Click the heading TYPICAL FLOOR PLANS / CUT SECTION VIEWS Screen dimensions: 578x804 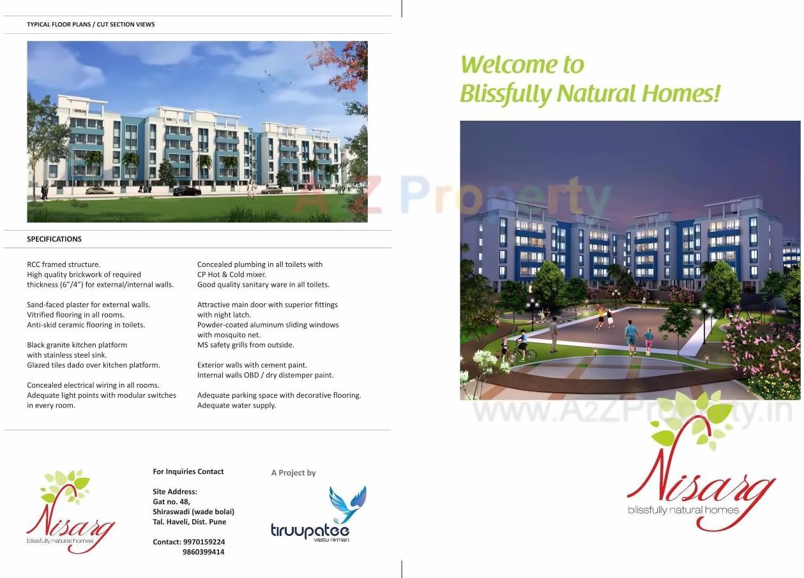91,24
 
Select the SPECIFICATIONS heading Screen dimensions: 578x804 54,239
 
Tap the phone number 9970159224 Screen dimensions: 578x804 204,542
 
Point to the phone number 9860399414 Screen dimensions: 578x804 204,552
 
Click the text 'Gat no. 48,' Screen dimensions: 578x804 171,501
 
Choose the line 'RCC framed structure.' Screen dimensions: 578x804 63,264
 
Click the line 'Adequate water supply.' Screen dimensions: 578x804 236,405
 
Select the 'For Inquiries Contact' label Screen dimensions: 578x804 188,471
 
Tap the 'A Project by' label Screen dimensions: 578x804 293,473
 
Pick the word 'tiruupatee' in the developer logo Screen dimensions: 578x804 310,530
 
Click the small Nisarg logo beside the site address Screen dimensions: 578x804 70,511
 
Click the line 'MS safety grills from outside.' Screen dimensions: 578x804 245,345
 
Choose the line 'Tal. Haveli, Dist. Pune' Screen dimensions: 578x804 189,522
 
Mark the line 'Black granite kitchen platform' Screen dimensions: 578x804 77,345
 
